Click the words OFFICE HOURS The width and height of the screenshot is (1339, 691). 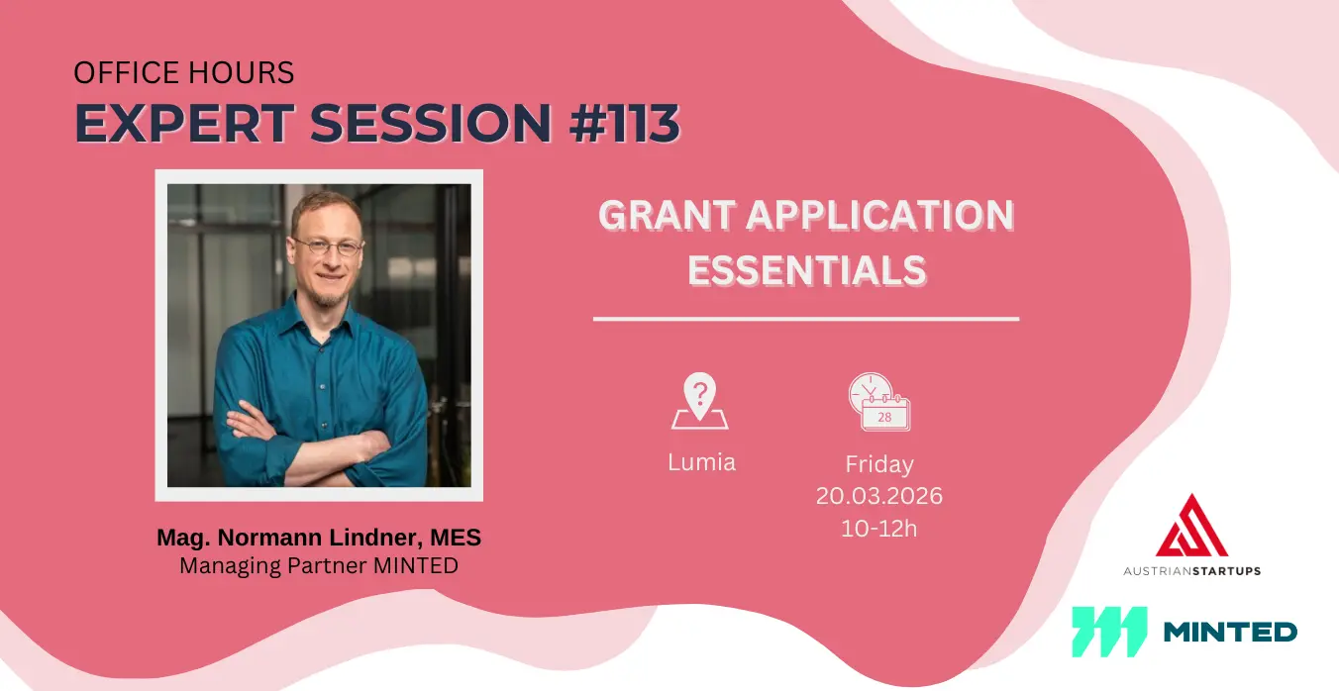point(183,72)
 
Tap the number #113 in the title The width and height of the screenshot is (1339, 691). point(625,123)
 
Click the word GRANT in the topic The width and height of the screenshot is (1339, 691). point(667,215)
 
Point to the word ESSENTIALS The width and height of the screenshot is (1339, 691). point(806,270)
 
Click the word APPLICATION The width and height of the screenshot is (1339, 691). point(879,215)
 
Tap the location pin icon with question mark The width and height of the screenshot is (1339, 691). point(700,401)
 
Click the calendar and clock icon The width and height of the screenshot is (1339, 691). point(879,402)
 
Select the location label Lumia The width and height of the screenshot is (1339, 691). point(701,462)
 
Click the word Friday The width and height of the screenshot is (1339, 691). point(879,464)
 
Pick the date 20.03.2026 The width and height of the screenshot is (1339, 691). point(879,496)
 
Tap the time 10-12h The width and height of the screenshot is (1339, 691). point(878,529)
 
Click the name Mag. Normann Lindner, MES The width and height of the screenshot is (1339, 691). point(319,538)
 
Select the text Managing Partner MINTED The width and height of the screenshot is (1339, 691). point(319,565)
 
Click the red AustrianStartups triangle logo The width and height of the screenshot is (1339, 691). point(1192,525)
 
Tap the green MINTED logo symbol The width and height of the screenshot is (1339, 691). point(1109,632)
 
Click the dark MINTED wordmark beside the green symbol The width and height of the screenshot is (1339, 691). point(1230,632)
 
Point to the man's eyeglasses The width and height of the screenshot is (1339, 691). point(329,246)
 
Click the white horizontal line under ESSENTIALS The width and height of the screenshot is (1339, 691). point(806,319)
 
